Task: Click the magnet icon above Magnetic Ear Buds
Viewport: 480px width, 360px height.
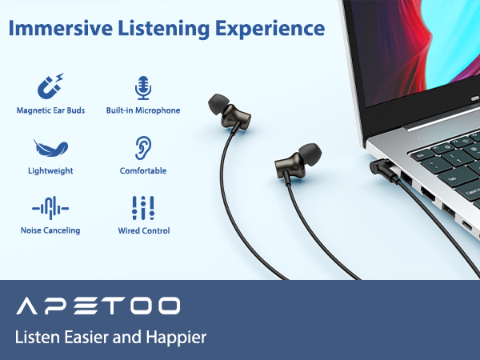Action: (50, 86)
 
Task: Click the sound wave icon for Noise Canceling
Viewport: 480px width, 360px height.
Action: (50, 208)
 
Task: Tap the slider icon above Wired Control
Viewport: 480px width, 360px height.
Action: (143, 208)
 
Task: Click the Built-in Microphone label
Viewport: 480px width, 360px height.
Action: (143, 110)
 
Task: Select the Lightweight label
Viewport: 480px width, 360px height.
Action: (50, 170)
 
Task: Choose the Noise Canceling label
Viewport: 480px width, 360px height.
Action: (50, 231)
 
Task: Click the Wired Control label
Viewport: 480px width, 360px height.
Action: (143, 231)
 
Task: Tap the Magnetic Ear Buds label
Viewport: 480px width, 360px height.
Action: (50, 110)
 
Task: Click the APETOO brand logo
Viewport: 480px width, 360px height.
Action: (98, 305)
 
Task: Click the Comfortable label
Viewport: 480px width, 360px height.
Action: (143, 170)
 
